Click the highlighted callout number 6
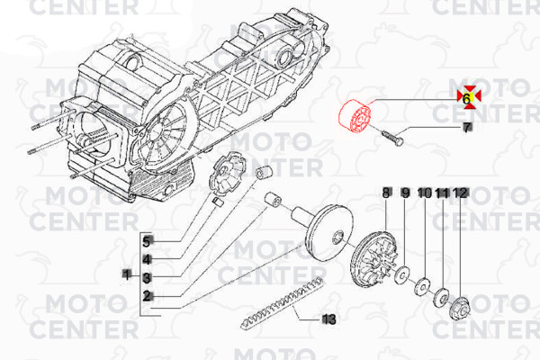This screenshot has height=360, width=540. [466, 99]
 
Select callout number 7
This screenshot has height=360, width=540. [466, 128]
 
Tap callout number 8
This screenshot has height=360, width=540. [386, 193]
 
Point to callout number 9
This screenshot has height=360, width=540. [406, 193]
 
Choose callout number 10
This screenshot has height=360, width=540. [425, 193]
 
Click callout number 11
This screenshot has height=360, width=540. [443, 193]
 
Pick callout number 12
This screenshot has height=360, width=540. [461, 193]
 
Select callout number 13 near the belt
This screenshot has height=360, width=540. [328, 319]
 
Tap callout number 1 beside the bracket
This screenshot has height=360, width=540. [127, 274]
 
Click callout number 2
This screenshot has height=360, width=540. [147, 296]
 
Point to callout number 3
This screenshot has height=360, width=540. [147, 278]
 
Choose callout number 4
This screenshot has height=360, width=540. [147, 260]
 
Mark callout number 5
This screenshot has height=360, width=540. [147, 242]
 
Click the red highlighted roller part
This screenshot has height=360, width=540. [355, 116]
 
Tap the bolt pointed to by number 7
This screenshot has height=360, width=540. [392, 138]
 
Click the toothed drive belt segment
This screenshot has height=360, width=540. [283, 303]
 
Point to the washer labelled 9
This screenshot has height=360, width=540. [402, 274]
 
